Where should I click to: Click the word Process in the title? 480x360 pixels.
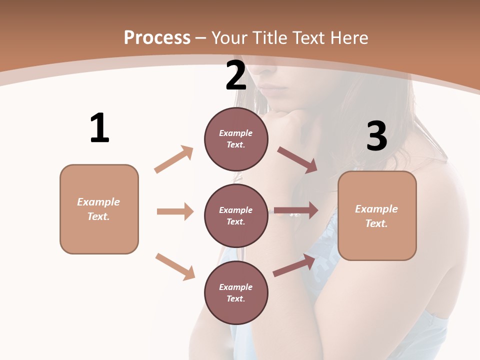tap(157, 38)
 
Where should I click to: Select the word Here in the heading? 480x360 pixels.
tap(349, 38)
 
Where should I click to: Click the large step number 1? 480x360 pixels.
tap(99, 128)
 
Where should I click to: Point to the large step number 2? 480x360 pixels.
tap(236, 75)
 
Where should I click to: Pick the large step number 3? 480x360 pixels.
tap(376, 136)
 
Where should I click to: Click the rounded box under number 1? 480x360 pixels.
tap(99, 209)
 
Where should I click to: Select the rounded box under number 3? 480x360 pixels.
tap(377, 216)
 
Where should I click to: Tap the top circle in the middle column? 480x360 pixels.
tap(236, 139)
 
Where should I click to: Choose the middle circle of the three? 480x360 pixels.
tap(236, 215)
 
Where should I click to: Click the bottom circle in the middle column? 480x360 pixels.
tap(236, 292)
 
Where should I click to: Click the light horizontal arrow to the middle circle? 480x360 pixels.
tap(175, 211)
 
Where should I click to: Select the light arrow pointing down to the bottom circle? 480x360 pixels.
tap(175, 266)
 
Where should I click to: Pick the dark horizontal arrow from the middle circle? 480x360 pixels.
tap(296, 210)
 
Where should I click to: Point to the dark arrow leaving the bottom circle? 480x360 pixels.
tap(294, 265)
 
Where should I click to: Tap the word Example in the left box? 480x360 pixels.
tap(98, 202)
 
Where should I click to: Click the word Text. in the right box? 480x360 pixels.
tap(376, 223)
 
